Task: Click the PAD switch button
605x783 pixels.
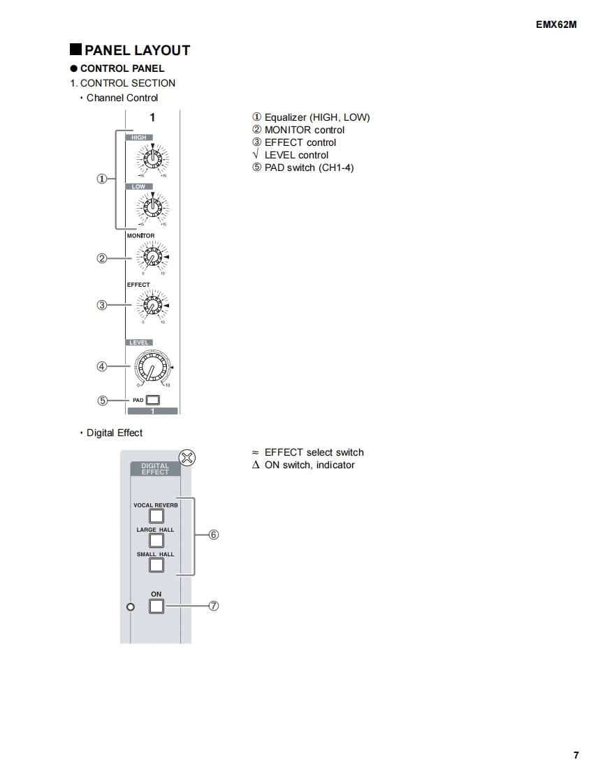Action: click(x=152, y=401)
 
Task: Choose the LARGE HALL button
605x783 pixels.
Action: click(x=156, y=540)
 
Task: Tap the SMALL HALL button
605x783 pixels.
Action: click(x=156, y=565)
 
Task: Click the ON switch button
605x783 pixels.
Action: click(x=156, y=606)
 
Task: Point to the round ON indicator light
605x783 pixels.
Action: click(x=130, y=606)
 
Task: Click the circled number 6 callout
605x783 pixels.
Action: click(x=214, y=535)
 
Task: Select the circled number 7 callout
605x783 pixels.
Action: click(x=214, y=606)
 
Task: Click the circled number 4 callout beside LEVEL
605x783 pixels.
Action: click(x=102, y=366)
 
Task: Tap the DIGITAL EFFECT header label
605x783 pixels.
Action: click(x=155, y=469)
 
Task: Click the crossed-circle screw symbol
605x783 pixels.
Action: click(x=187, y=458)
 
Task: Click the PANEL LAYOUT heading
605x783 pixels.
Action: click(x=137, y=50)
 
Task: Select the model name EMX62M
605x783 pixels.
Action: click(x=557, y=24)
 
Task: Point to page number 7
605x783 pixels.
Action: click(x=576, y=755)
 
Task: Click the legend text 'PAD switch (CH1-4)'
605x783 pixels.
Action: click(x=309, y=167)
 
